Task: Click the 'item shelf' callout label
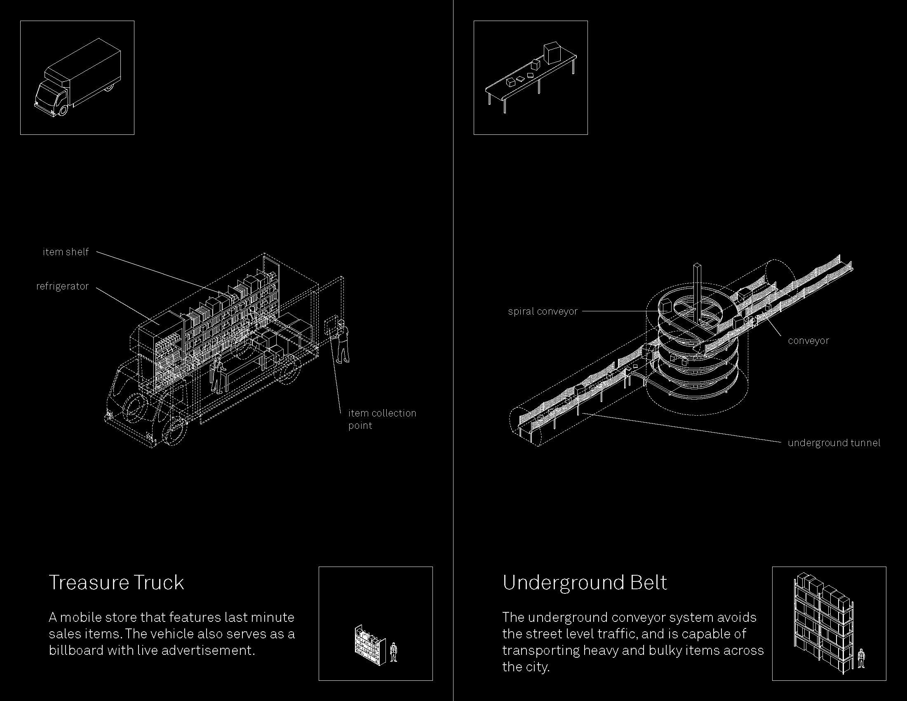pyautogui.click(x=66, y=252)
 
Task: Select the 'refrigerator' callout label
pyautogui.click(x=62, y=286)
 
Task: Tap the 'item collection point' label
pyautogui.click(x=382, y=419)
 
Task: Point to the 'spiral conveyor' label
pyautogui.click(x=543, y=311)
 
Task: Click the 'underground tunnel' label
pyautogui.click(x=834, y=443)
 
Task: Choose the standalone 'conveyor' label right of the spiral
pyautogui.click(x=808, y=341)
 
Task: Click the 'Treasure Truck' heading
pyautogui.click(x=116, y=582)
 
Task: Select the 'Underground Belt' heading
pyautogui.click(x=585, y=582)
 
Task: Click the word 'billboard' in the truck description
pyautogui.click(x=75, y=650)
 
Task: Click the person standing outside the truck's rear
pyautogui.click(x=342, y=342)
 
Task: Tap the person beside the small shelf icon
pyautogui.click(x=394, y=652)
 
